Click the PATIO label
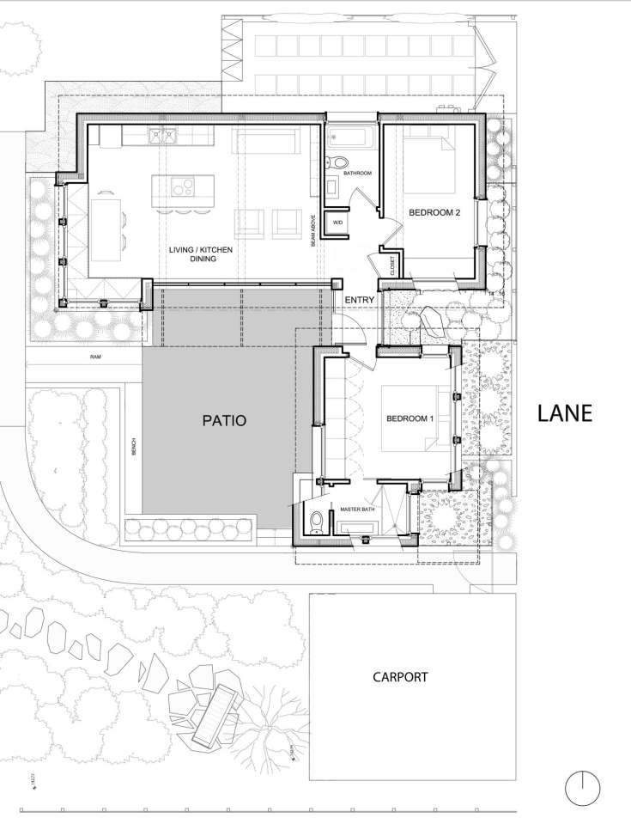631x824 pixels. (224, 421)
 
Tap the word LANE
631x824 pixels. (565, 413)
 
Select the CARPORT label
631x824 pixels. (400, 677)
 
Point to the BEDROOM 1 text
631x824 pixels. (410, 418)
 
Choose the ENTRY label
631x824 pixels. (358, 300)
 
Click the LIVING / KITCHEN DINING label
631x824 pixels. (200, 253)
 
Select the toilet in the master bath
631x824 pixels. (317, 522)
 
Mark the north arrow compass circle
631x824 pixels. (582, 787)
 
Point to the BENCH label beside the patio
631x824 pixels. (134, 448)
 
